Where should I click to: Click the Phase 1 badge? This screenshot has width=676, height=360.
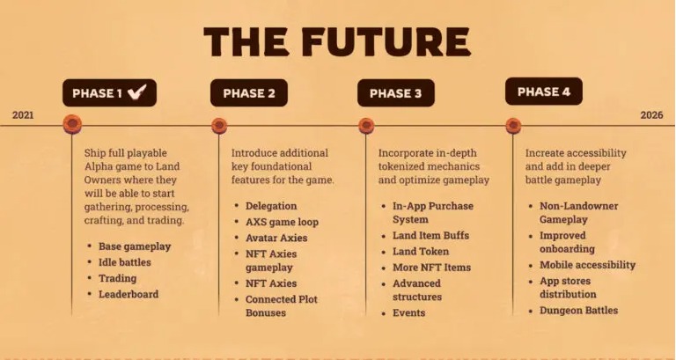[109, 92]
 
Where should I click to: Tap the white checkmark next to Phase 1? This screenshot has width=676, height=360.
[137, 92]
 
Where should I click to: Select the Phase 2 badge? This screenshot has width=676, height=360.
[249, 92]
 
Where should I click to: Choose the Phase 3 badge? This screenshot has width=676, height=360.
[396, 92]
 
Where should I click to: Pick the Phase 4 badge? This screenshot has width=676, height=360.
[544, 92]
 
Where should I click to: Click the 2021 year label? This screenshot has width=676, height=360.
[23, 115]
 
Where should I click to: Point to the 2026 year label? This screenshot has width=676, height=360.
[651, 115]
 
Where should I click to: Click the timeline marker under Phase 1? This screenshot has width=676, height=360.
[72, 124]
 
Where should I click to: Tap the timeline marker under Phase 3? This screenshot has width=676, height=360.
[366, 126]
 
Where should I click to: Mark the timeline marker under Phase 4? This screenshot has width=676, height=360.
[513, 126]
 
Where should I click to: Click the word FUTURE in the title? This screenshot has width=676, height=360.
[386, 42]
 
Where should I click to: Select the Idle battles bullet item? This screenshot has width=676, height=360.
[125, 262]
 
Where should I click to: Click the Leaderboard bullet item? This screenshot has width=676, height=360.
[129, 294]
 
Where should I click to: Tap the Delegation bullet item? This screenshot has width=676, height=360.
[271, 206]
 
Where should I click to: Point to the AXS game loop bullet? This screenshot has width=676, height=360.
[282, 222]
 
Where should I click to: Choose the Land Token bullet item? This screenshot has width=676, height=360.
[421, 252]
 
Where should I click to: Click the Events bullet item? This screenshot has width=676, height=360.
[408, 312]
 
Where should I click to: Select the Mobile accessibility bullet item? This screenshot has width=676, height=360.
[588, 265]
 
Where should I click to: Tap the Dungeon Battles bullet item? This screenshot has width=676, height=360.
[578, 311]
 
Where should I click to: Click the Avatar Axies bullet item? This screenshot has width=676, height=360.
[276, 238]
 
